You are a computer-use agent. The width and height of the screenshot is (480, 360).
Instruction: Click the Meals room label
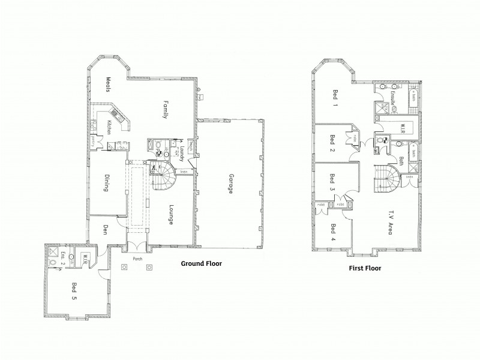pos(110,83)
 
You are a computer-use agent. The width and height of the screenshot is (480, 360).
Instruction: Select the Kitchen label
pos(109,127)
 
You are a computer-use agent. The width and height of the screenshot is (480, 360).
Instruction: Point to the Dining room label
pos(106,184)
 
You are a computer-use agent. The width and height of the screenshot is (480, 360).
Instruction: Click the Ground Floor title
pos(202,263)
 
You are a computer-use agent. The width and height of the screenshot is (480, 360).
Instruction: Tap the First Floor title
pos(365,269)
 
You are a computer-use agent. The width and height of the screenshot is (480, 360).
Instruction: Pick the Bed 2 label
pos(332,140)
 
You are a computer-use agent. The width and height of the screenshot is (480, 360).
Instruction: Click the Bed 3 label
pos(332,182)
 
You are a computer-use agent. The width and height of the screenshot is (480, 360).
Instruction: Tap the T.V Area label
pos(389,220)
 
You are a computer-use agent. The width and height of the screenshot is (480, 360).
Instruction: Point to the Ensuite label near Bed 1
pos(395,98)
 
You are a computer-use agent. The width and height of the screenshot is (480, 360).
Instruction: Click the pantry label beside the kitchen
pos(94,141)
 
